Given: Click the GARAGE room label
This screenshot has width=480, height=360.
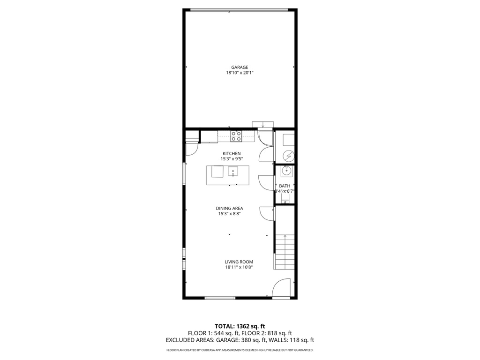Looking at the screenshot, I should pyautogui.click(x=240, y=67).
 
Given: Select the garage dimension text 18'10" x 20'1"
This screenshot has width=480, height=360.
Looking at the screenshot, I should pyautogui.click(x=240, y=73).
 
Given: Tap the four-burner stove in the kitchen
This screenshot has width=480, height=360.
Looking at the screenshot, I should pyautogui.click(x=236, y=136).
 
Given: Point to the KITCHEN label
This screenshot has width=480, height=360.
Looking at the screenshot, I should pyautogui.click(x=232, y=153).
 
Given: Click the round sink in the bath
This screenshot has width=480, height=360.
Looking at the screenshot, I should pyautogui.click(x=286, y=172).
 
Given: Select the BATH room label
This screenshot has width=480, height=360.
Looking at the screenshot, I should pyautogui.click(x=285, y=186).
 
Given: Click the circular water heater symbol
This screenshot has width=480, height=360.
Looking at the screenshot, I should pyautogui.click(x=289, y=155).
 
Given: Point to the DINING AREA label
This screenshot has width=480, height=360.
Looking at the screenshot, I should pyautogui.click(x=229, y=208).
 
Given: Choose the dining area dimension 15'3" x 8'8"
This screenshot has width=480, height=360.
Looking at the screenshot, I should pyautogui.click(x=229, y=214).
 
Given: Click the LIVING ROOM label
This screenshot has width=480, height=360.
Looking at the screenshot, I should pyautogui.click(x=239, y=262).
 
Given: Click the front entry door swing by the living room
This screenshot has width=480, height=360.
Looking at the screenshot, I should pyautogui.click(x=283, y=287).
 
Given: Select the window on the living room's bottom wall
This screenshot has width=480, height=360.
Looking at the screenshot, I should pyautogui.click(x=220, y=297).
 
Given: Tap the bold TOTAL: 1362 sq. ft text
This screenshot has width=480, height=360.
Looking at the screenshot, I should pyautogui.click(x=240, y=326).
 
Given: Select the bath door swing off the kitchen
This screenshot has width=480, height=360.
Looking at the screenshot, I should pyautogui.click(x=266, y=182).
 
